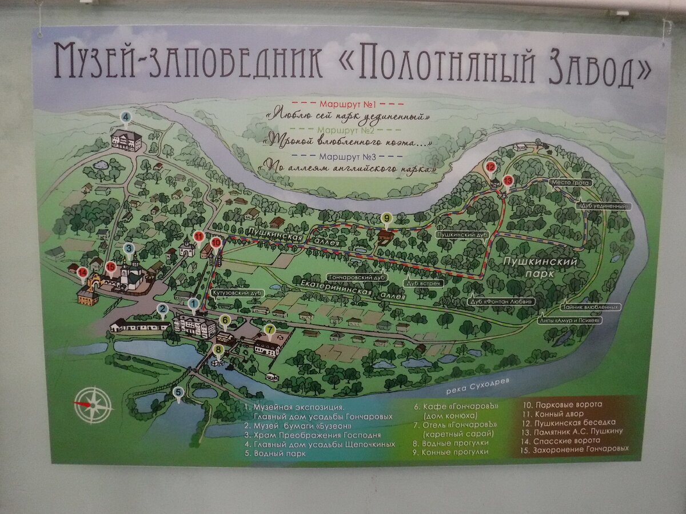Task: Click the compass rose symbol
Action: tap(93, 404)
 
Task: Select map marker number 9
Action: tap(387, 217)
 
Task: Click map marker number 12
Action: tap(490, 167)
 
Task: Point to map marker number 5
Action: tap(179, 392)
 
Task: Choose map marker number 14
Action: tap(83, 273)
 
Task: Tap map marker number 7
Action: tap(269, 330)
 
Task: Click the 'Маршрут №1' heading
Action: tap(347, 105)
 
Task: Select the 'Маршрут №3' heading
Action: tap(347, 156)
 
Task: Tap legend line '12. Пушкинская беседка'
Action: tap(566, 423)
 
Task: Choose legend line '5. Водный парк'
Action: tap(274, 453)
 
